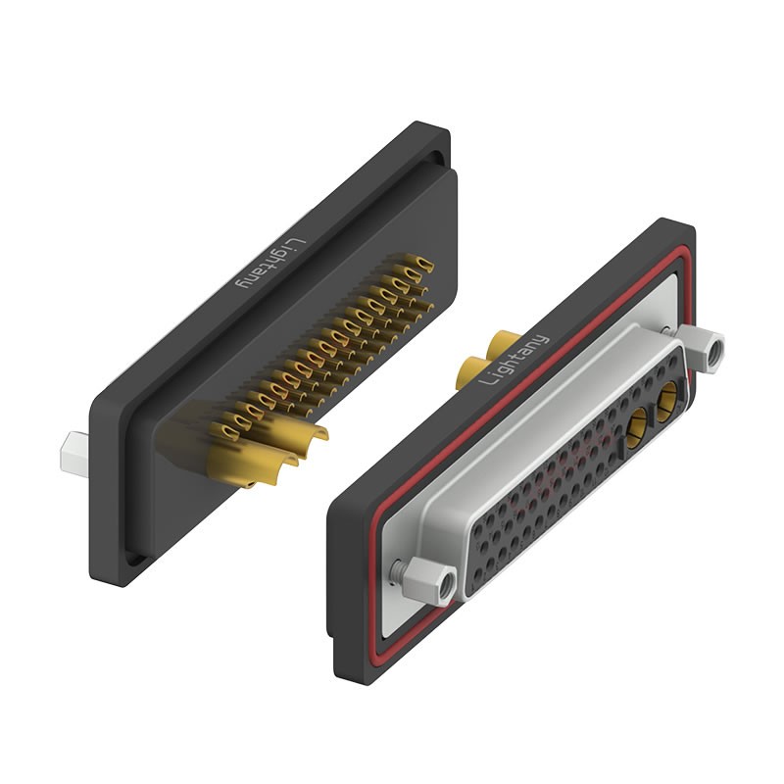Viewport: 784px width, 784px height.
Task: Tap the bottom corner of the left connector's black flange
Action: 113,578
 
